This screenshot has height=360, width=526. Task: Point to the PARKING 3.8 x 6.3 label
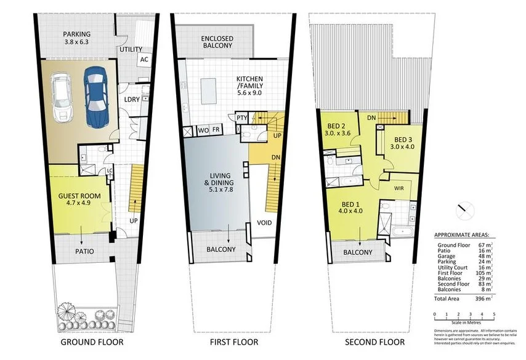tap(76, 38)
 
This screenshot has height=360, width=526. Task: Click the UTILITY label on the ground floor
tap(131, 49)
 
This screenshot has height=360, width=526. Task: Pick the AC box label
tap(144, 60)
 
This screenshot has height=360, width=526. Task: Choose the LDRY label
tap(131, 98)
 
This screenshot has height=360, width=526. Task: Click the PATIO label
tap(84, 251)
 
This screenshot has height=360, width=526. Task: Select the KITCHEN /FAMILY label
tap(250, 83)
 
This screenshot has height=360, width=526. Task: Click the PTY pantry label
tap(242, 117)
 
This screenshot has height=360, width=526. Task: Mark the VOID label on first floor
tap(265, 223)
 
